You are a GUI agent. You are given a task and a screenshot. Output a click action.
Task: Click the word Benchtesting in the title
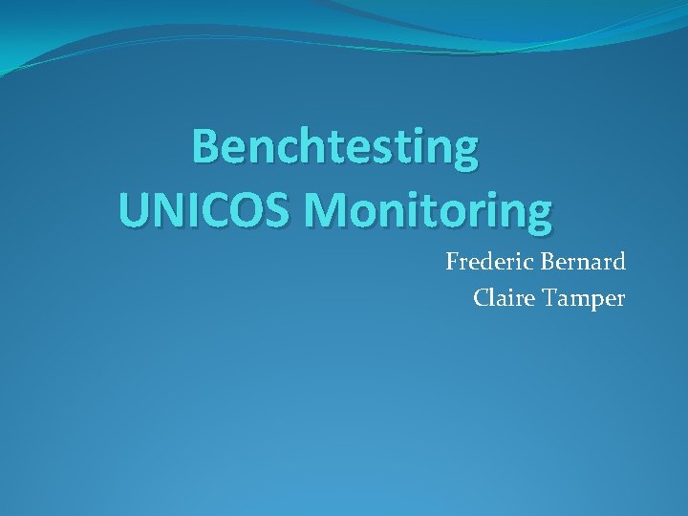[334, 148]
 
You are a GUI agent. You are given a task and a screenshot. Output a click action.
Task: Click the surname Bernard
[583, 262]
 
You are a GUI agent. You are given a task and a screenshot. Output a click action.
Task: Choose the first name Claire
[503, 298]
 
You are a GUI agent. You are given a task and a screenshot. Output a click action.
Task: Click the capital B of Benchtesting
[205, 148]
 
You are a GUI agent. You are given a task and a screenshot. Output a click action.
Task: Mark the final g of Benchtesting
[464, 153]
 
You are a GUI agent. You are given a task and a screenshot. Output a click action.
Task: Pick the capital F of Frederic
[452, 262]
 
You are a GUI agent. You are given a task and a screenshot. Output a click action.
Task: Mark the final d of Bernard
[618, 262]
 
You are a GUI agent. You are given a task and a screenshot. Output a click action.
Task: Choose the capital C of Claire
[482, 298]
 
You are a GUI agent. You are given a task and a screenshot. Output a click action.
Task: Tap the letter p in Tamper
[593, 302]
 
